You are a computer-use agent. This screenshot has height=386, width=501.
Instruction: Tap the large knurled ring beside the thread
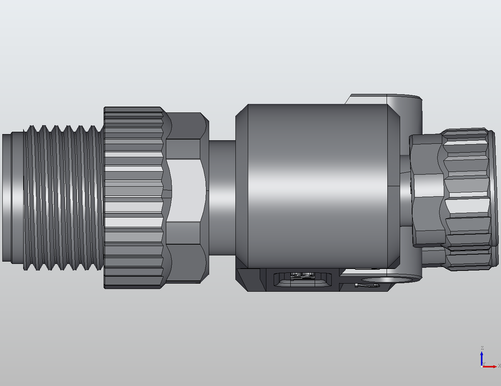pos(133,197)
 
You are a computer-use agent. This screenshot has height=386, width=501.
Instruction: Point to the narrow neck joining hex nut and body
pos(222,197)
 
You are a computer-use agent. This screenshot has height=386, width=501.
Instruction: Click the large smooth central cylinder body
pos(317,185)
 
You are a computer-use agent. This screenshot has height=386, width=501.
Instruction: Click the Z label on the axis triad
pos(482,348)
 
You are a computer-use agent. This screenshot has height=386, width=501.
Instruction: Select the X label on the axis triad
pos(499,366)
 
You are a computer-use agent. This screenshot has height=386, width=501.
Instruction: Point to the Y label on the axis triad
pos(484,364)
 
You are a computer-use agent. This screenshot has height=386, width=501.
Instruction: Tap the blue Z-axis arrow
pos(482,357)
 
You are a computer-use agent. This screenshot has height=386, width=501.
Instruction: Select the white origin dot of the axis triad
pos(482,367)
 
